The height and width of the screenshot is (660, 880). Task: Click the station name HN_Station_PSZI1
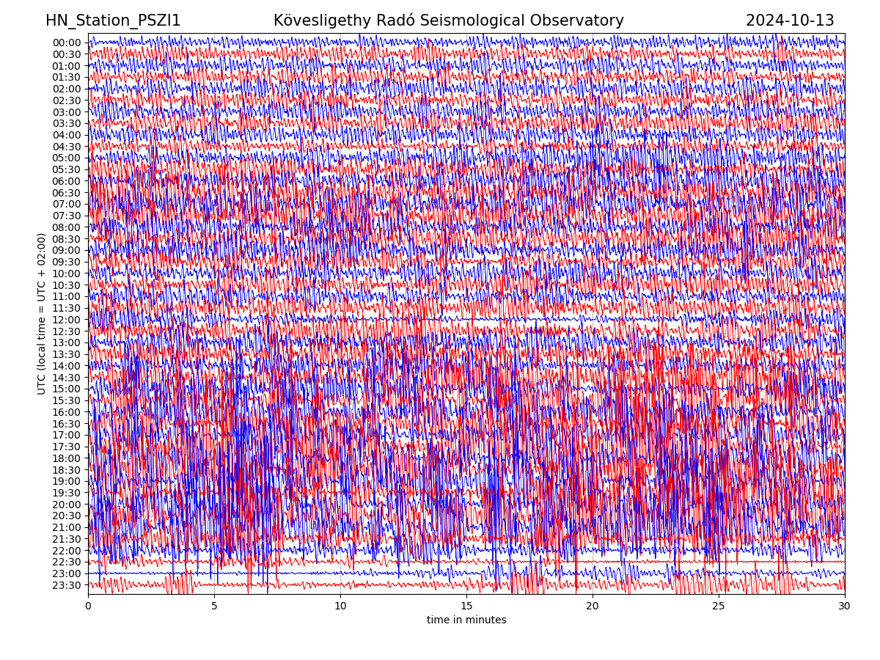113,21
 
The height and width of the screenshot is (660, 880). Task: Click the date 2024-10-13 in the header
790,21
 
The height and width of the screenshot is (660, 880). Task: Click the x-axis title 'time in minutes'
466,620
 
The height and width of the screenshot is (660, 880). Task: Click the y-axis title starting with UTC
42,314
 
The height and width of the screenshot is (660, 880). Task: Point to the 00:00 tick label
67,43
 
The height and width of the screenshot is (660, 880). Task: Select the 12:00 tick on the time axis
67,320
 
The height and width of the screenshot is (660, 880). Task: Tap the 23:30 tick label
67,585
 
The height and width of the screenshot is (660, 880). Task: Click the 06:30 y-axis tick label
67,193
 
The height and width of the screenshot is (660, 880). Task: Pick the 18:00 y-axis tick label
67,458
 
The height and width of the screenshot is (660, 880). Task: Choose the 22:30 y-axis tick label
67,562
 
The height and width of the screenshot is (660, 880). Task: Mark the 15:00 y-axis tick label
67,389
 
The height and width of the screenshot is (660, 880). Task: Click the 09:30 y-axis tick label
67,262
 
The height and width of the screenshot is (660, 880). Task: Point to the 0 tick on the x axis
88,606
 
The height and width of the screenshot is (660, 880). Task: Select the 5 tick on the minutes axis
214,606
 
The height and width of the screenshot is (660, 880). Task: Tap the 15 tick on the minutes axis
466,606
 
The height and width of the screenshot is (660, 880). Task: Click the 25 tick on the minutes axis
719,606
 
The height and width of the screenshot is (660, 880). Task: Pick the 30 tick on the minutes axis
845,606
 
